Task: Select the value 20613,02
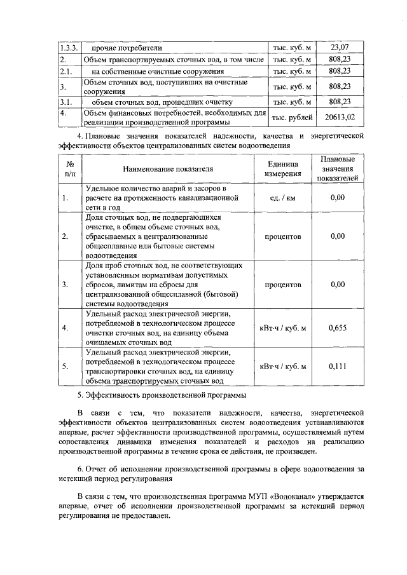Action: (x=340, y=118)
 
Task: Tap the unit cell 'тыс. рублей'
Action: (x=292, y=118)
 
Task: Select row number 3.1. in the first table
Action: (x=66, y=102)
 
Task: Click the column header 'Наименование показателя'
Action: (x=169, y=169)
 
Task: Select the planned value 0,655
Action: (x=338, y=328)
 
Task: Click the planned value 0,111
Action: (x=338, y=367)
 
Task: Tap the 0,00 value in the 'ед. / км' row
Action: (x=338, y=198)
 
